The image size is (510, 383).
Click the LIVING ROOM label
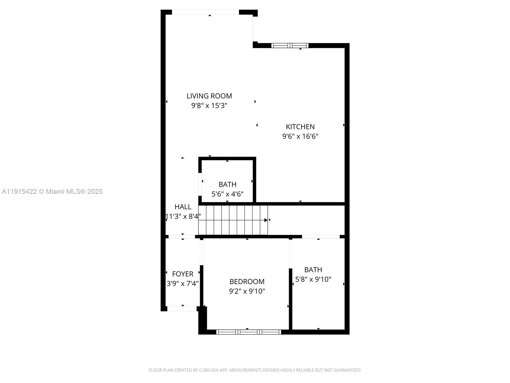click(209, 96)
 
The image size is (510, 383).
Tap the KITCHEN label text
click(300, 127)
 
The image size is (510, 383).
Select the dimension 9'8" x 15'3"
click(209, 106)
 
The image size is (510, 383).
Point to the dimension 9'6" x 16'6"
click(300, 137)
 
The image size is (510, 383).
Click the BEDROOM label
click(247, 282)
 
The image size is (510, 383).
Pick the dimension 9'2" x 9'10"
click(247, 291)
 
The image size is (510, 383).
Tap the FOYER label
click(182, 274)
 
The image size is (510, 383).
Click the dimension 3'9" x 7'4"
click(182, 283)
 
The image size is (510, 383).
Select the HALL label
click(183, 207)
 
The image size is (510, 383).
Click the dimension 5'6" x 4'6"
click(227, 194)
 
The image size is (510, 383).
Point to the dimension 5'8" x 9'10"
click(313, 279)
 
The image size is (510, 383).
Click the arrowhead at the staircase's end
click(266, 220)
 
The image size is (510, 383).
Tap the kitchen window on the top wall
click(290, 45)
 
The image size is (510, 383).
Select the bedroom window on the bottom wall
click(248, 332)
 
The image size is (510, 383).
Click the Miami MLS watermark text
click(52, 191)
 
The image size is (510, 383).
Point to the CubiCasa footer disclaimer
click(255, 370)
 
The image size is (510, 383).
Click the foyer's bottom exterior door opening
click(182, 309)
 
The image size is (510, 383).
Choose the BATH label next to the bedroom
click(313, 270)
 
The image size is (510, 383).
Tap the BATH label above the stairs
click(227, 184)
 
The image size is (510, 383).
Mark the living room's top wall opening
click(205, 12)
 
